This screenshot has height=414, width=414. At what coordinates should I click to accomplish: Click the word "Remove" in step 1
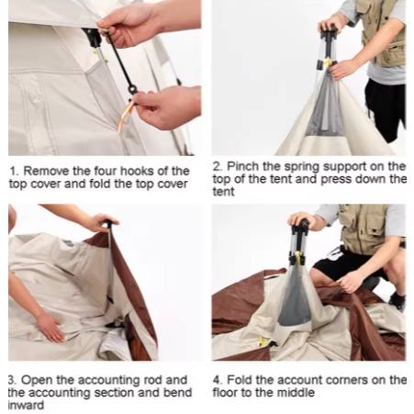(46, 171)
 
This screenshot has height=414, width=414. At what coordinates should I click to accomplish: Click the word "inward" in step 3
(26, 405)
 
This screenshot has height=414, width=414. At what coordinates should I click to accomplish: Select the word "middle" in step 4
(297, 393)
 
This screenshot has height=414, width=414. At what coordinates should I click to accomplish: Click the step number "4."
(218, 380)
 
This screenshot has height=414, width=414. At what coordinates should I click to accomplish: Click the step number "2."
(218, 166)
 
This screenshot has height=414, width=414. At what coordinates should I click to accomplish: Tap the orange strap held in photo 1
(126, 116)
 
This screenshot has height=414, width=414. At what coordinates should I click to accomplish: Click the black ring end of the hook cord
(133, 90)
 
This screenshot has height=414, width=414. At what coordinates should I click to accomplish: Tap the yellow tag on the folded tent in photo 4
(263, 341)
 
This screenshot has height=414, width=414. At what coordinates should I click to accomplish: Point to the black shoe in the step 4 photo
(397, 300)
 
